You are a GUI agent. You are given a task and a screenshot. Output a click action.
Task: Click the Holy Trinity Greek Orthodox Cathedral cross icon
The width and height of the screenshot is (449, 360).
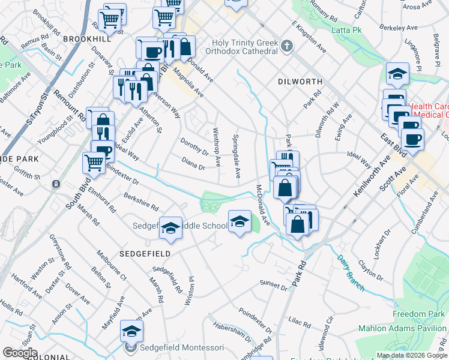pyautogui.click(x=288, y=46)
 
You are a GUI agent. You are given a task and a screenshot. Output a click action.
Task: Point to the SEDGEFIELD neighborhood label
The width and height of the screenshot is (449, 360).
pyautogui.click(x=145, y=253)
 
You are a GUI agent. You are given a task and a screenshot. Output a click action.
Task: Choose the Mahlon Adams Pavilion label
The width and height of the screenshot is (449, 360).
pyautogui.click(x=402, y=328)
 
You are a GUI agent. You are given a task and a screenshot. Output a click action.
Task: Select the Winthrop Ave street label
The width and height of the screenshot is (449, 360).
pyautogui.click(x=217, y=147)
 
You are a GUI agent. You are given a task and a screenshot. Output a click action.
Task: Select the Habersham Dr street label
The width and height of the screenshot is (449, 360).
pyautogui.click(x=231, y=333)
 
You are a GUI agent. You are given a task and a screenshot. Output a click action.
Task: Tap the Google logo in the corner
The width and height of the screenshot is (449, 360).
pyautogui.click(x=19, y=352)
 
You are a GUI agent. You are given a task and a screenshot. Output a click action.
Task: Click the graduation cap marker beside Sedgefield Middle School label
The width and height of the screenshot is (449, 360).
pyautogui.click(x=171, y=228)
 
